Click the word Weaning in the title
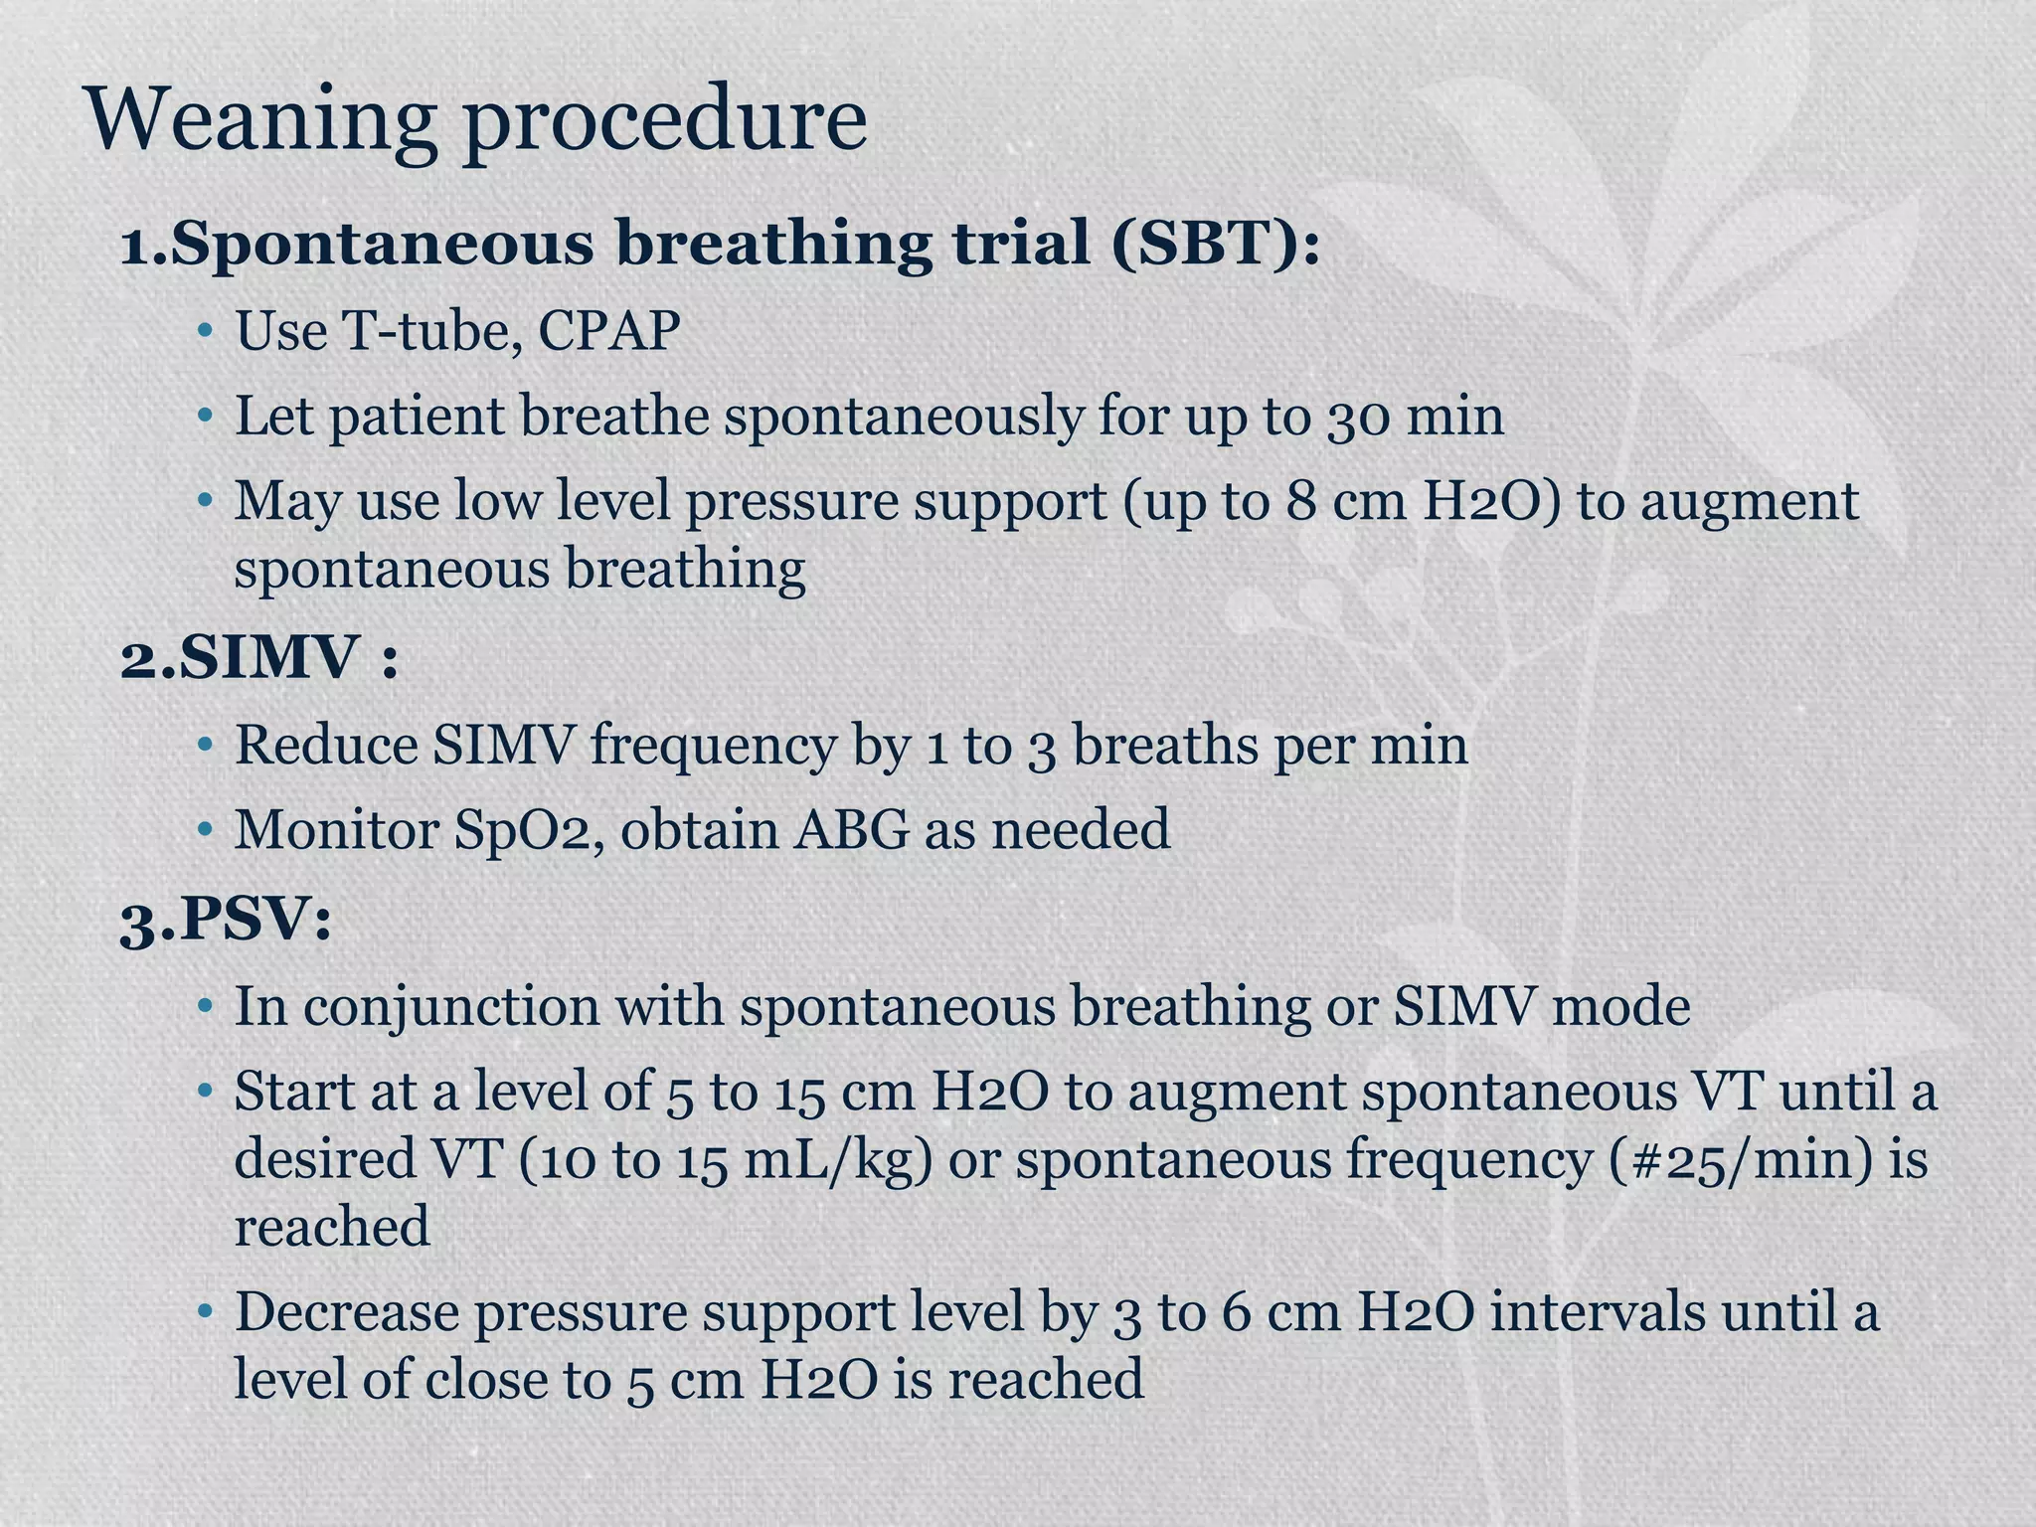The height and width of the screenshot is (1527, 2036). click(x=261, y=121)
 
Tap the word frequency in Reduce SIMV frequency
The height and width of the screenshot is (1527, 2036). click(x=713, y=745)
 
